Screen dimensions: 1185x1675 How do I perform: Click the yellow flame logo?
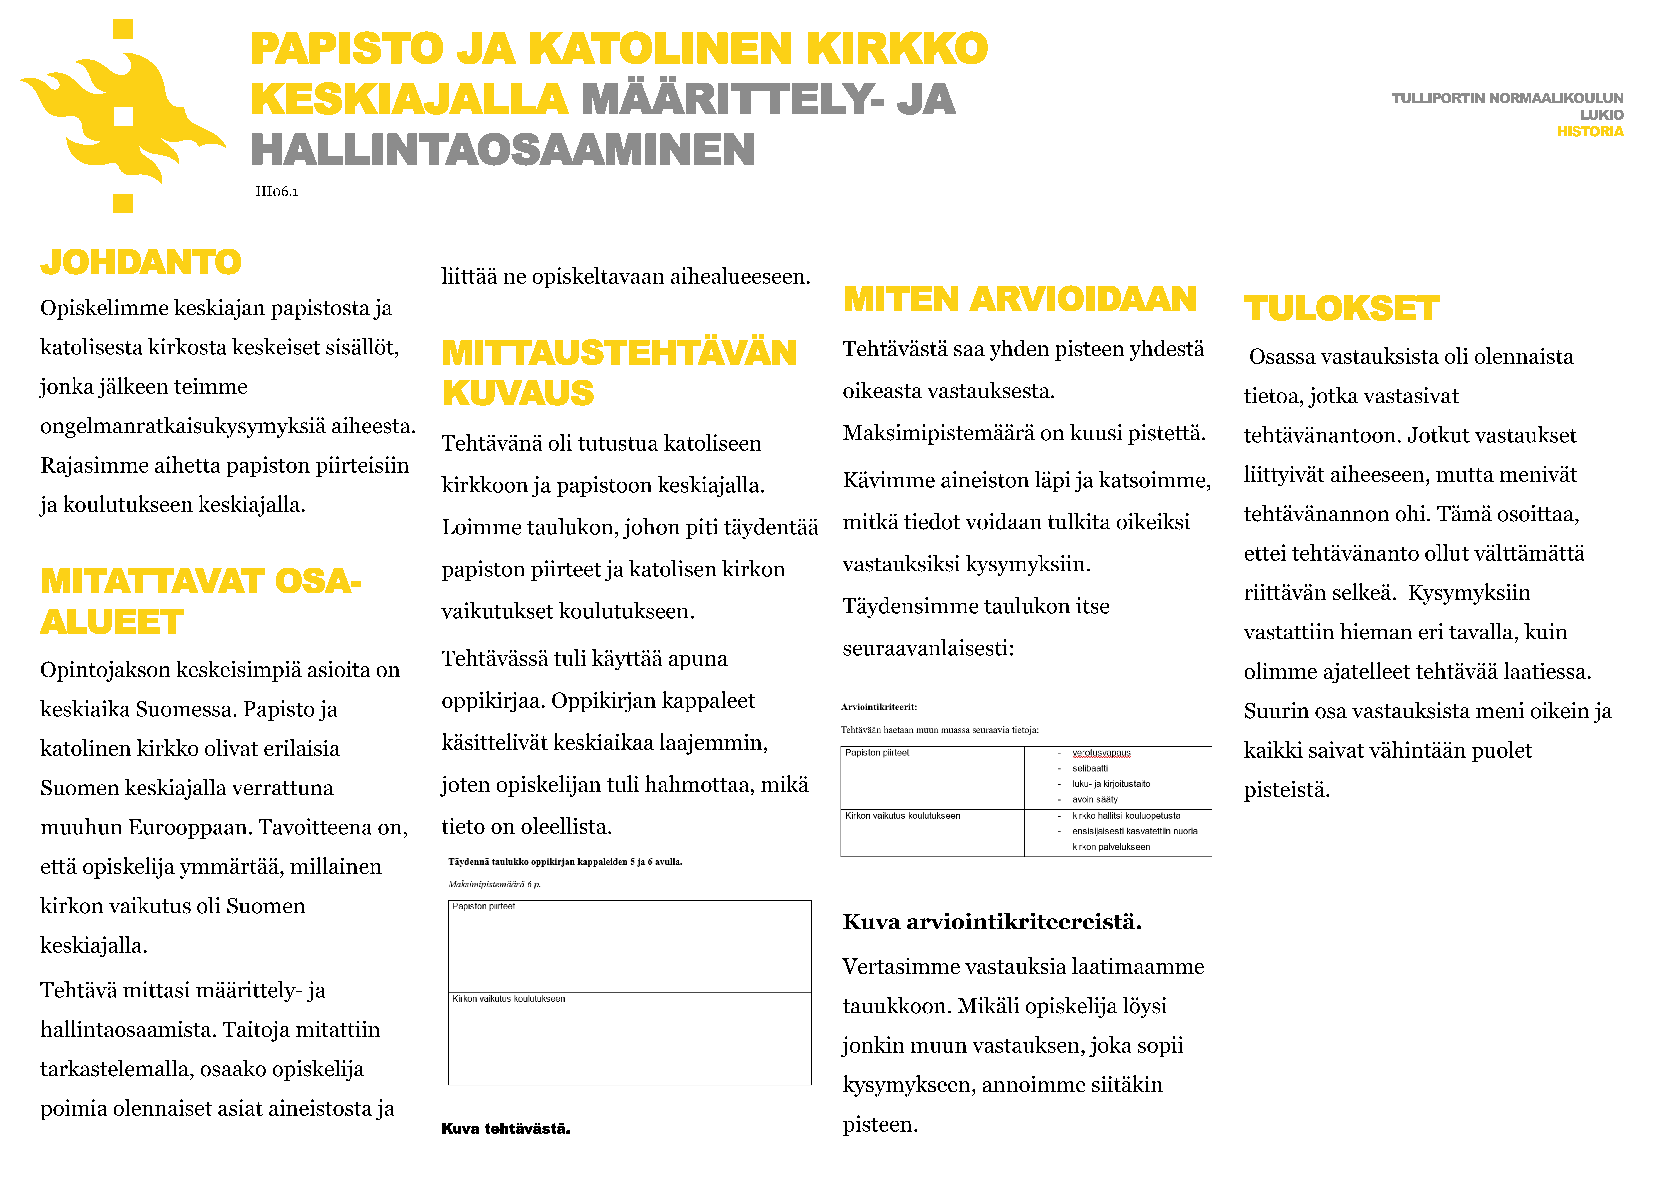[x=123, y=117]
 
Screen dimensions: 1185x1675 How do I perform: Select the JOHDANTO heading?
[x=141, y=263]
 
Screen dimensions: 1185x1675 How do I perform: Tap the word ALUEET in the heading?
[x=112, y=622]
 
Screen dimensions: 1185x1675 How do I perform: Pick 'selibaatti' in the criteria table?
[x=1090, y=768]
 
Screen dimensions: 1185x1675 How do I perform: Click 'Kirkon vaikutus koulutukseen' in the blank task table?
[x=509, y=999]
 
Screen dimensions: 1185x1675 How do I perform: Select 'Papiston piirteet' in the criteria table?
[x=877, y=753]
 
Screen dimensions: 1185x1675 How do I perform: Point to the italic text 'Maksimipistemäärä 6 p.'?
[x=494, y=884]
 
